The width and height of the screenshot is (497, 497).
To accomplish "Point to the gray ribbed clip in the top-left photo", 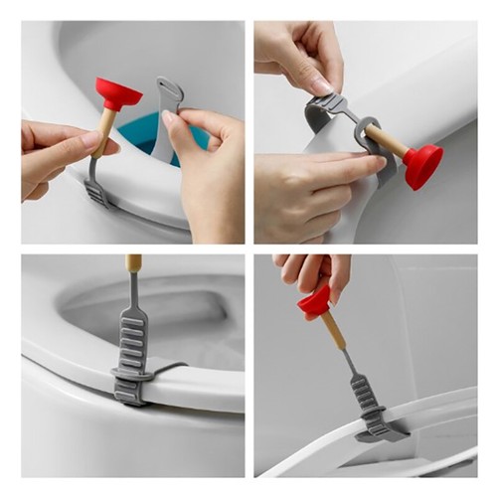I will point(95,189).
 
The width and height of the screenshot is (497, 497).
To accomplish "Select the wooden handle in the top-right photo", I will point(388,142).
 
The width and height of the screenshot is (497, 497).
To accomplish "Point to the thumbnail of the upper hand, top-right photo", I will point(320,85).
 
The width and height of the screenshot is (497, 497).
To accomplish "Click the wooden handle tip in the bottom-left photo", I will point(133,263).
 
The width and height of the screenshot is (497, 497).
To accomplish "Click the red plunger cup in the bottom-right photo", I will point(317,300).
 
